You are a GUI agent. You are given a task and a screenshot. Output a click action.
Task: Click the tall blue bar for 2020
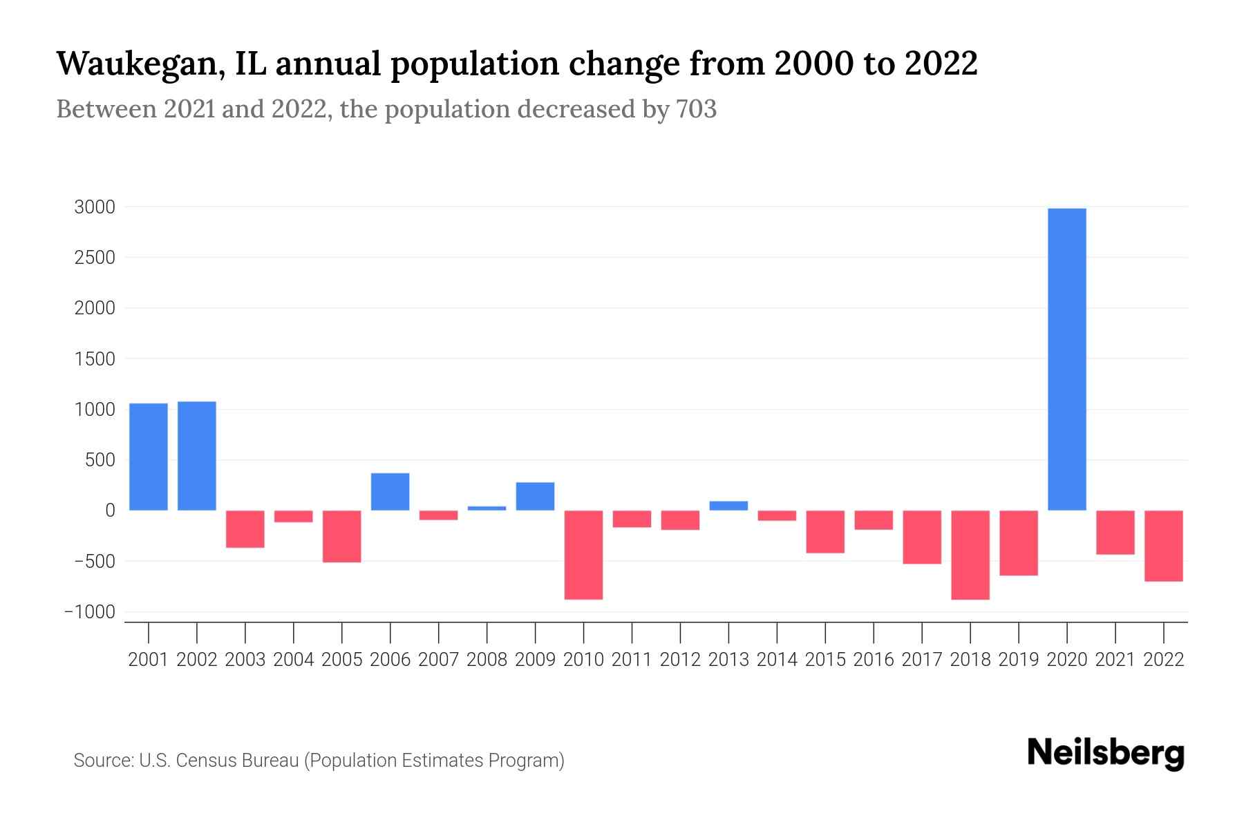tap(1066, 359)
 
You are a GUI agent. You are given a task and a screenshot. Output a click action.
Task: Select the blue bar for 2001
tap(149, 457)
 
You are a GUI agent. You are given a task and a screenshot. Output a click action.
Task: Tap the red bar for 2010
tap(583, 555)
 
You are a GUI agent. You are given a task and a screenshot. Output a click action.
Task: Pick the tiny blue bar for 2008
tap(487, 508)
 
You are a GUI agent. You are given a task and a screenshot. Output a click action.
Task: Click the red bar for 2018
tap(970, 555)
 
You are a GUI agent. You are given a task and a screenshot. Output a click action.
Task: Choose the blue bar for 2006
tap(390, 492)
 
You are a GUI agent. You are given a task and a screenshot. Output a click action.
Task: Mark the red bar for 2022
tap(1163, 546)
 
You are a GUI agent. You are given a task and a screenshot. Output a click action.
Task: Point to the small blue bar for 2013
tap(728, 506)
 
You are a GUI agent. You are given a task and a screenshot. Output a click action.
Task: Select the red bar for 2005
tap(341, 536)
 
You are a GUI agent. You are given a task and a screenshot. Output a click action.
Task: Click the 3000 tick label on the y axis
tap(95, 207)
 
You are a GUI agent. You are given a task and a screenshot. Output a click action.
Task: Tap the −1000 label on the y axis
tap(90, 612)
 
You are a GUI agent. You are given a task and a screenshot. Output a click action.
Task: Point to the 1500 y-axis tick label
tap(95, 359)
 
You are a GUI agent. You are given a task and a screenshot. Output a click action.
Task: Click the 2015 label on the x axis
tap(825, 660)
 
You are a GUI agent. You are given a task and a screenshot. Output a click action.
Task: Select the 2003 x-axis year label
tap(245, 660)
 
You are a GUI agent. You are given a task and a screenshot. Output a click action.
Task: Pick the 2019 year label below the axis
tap(1018, 660)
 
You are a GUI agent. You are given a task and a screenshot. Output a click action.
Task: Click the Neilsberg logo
tap(1106, 753)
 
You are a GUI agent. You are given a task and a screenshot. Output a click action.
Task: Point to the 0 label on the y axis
tap(110, 511)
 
